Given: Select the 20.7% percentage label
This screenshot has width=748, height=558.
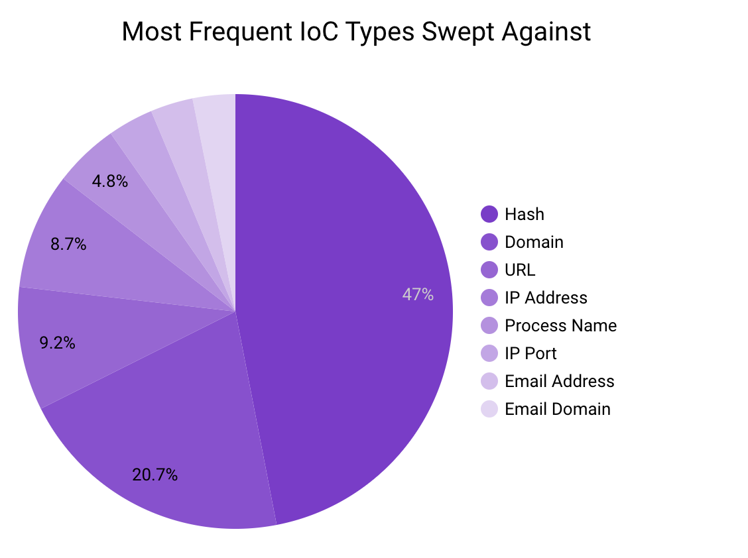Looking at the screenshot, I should coord(155,475).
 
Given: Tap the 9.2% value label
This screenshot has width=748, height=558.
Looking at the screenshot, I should coord(57,343).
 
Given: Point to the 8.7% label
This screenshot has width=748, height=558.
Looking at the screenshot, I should coord(68,245).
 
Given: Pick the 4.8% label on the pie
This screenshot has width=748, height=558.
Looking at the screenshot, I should coord(110,181).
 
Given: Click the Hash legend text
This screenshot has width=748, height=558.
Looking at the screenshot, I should coord(524,214).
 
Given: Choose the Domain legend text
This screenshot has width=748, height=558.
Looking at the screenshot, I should coord(534,242).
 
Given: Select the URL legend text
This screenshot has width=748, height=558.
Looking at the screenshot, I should coord(519,270).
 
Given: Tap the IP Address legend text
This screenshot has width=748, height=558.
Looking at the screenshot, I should coord(546,298).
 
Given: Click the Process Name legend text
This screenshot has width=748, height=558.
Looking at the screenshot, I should coord(560,325).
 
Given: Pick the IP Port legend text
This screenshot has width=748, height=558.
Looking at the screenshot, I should coord(530,353).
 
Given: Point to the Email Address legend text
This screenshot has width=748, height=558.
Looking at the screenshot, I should coord(559,381).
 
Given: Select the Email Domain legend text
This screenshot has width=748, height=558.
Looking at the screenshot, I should coord(557,409).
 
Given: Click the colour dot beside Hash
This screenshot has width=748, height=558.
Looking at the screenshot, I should coord(489,214).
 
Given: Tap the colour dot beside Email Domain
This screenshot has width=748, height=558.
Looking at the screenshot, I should coord(489,409).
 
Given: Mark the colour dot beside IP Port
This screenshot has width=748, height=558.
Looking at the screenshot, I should coord(489,353).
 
